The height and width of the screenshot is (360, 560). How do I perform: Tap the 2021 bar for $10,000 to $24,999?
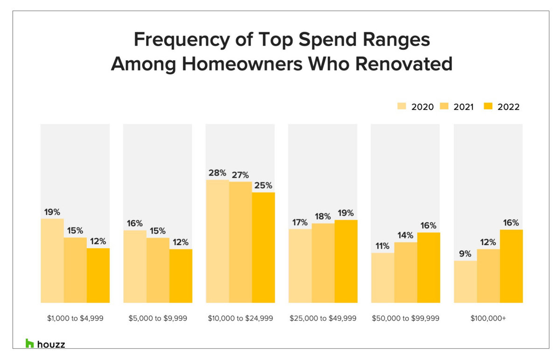click(240, 242)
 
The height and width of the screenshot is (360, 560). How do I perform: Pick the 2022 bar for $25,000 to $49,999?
click(346, 261)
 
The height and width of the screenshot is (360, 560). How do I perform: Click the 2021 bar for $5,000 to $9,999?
click(158, 270)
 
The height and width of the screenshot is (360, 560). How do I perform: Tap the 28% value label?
click(217, 173)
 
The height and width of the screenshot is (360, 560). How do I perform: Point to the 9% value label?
click(465, 254)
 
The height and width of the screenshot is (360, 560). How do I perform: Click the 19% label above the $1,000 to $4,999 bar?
click(52, 211)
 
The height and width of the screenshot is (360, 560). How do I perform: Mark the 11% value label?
click(383, 246)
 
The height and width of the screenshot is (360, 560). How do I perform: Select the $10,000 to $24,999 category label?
click(240, 318)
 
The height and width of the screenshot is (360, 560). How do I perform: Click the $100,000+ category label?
click(488, 318)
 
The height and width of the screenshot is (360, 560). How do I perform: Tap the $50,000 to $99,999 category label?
click(406, 318)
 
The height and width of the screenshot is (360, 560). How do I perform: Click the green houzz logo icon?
click(30, 344)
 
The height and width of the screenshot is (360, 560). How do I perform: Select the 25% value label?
click(263, 185)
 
